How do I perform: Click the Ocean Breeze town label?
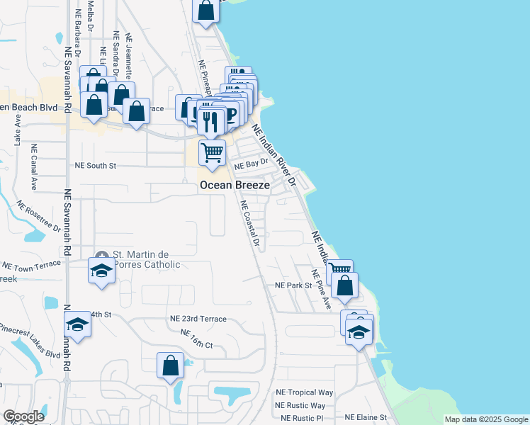tap(235, 185)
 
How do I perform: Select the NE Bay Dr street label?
tap(252, 163)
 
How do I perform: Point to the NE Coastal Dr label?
tap(250, 223)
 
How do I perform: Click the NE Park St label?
tap(293, 285)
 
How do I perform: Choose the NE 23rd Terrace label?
tap(198, 319)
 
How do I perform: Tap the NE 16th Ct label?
tap(197, 339)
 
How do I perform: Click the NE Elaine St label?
tap(366, 418)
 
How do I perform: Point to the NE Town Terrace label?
tap(32, 266)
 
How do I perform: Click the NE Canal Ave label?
tap(33, 169)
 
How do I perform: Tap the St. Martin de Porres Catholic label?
tap(146, 260)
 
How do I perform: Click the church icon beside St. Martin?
tap(102, 256)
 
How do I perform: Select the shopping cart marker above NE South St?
tap(212, 152)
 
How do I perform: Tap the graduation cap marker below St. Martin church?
tap(101, 270)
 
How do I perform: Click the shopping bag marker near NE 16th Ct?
tap(171, 365)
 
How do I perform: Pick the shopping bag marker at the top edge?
tap(205, 10)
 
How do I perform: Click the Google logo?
tap(23, 416)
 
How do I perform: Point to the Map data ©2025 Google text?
tap(486, 419)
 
